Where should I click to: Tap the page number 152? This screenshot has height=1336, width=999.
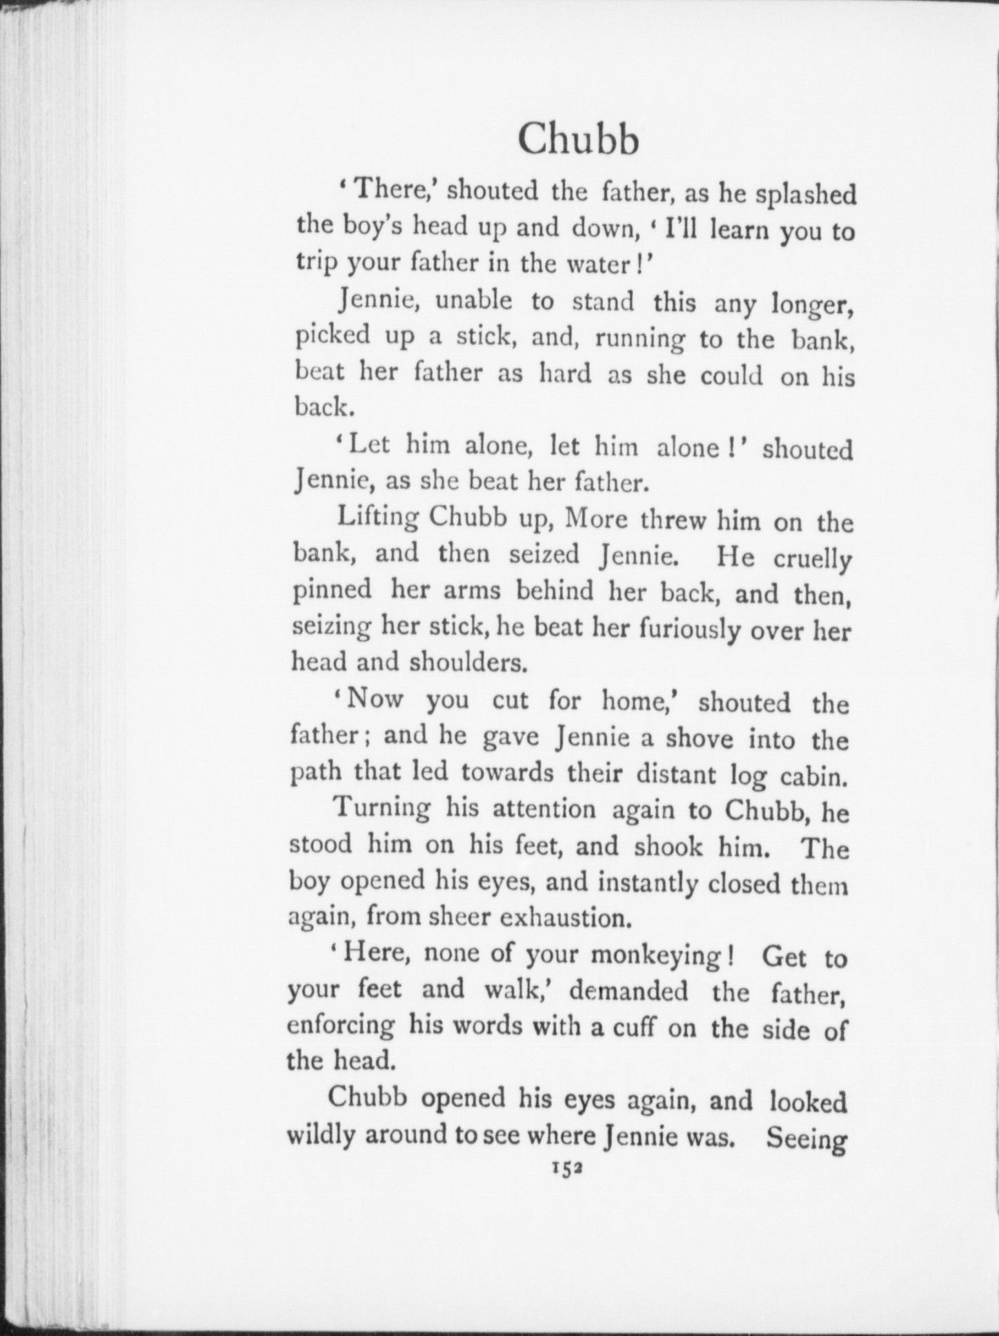(564, 1168)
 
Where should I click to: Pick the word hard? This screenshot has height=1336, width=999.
(564, 374)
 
